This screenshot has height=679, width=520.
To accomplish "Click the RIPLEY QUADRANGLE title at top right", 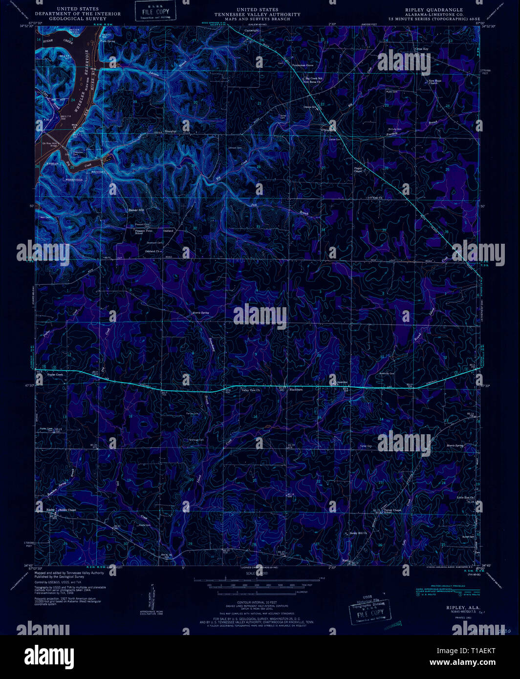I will coord(433,10).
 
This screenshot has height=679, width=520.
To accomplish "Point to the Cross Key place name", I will coord(421,49).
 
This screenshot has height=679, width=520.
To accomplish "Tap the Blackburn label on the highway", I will coord(296,390).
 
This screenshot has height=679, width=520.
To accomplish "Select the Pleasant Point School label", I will coord(144,232).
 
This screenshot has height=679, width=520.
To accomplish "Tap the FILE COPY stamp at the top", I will coord(152,11).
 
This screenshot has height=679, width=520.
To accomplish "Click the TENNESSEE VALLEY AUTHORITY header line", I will coord(257,15).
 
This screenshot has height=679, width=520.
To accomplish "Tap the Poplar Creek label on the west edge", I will coord(55,375).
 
